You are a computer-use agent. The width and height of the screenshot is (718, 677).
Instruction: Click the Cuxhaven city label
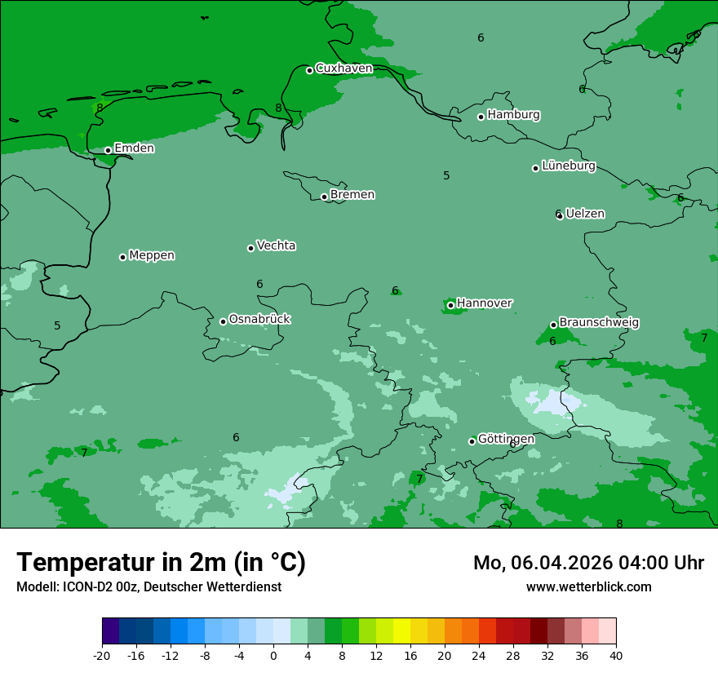click(343, 69)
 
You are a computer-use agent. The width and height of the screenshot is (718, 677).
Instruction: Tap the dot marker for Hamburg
click(481, 117)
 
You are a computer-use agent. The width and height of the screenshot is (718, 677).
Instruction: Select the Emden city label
click(134, 148)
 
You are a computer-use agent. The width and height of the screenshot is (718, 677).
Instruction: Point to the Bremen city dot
click(324, 197)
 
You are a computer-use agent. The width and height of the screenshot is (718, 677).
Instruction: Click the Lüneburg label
click(569, 166)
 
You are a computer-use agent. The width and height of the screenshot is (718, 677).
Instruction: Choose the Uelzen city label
click(585, 215)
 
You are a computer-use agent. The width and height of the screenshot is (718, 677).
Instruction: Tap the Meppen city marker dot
click(122, 257)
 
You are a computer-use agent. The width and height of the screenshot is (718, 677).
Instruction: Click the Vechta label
click(276, 246)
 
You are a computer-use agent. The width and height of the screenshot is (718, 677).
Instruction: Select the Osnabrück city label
click(259, 319)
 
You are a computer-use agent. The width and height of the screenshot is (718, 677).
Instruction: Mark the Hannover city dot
click(450, 306)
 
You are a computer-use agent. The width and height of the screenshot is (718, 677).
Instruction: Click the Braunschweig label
click(599, 323)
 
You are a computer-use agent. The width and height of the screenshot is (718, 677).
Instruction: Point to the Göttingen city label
click(506, 440)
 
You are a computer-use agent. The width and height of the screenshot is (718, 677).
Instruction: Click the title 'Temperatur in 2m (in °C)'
click(161, 563)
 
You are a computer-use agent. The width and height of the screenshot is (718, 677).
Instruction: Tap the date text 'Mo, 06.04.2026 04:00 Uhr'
click(588, 563)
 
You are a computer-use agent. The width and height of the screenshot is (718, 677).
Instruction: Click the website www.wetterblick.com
click(588, 587)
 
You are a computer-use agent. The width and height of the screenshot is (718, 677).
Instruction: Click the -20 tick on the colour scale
click(102, 655)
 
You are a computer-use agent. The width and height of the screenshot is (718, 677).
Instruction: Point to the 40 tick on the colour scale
click(616, 655)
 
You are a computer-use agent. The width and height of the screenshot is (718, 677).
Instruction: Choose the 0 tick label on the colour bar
click(273, 655)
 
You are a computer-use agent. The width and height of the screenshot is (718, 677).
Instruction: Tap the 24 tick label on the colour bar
click(479, 655)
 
